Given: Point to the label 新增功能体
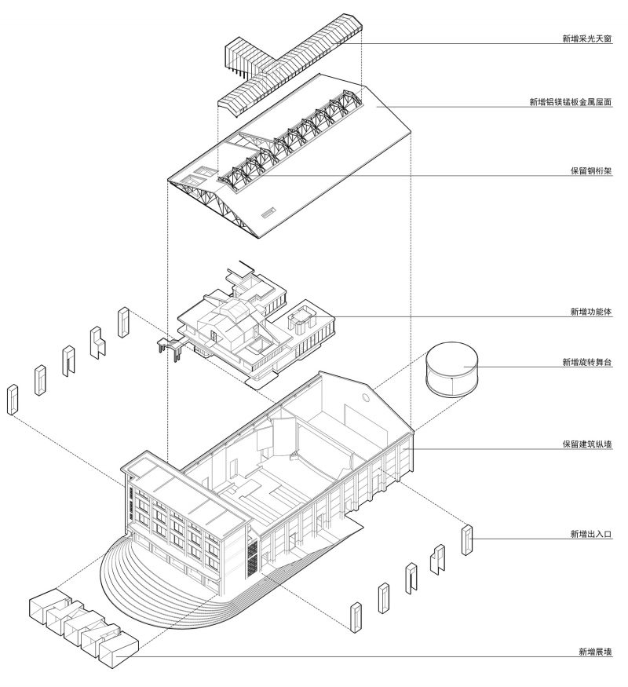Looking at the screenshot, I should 590,312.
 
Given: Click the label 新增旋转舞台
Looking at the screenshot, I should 586,362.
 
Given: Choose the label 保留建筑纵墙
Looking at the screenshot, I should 586,444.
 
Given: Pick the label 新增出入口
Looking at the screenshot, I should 590,535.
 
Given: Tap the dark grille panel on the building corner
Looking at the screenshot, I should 253,556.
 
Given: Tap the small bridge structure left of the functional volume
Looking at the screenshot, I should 170,346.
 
